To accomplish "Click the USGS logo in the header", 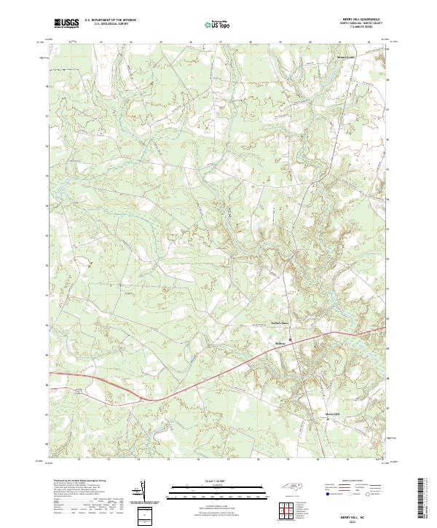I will point(66,23).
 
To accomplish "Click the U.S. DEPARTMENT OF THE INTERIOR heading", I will point(110,20).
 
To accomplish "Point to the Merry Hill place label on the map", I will point(333,414).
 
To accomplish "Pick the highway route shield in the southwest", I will point(76,390).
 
